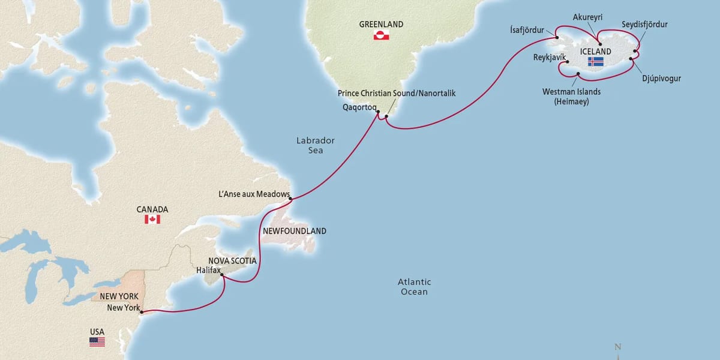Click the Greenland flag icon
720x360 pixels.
point(381,36)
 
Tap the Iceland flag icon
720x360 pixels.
point(596,62)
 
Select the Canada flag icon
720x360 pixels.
point(152,220)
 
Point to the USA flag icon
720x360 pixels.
point(97,341)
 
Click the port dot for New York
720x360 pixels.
point(141,311)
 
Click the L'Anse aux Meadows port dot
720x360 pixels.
point(290,198)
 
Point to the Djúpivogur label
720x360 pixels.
point(661,78)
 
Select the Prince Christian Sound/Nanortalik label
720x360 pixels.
point(397,94)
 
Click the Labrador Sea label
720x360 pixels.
point(316,145)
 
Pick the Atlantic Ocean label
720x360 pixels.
point(415,287)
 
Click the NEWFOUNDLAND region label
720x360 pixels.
point(294,231)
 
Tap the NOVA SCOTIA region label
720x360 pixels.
point(232,260)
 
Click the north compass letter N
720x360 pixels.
point(617,347)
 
